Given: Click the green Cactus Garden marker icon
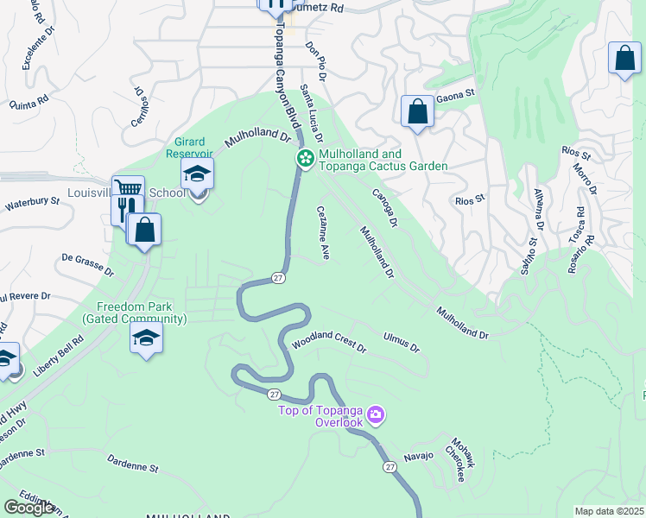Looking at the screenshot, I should pyautogui.click(x=305, y=158).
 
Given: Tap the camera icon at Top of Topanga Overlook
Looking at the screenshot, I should pyautogui.click(x=376, y=416).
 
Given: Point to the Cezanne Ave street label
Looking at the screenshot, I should pyautogui.click(x=324, y=232).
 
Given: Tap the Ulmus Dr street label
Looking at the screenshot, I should pyautogui.click(x=401, y=342).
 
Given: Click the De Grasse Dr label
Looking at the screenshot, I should pyautogui.click(x=88, y=263).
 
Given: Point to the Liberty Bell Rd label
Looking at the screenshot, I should pyautogui.click(x=60, y=357).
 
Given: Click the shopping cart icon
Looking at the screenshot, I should pyautogui.click(x=128, y=187).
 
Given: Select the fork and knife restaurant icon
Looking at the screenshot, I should pyautogui.click(x=123, y=206).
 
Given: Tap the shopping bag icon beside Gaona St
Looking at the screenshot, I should pyautogui.click(x=417, y=111).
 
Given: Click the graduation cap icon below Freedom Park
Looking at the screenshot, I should pyautogui.click(x=147, y=337).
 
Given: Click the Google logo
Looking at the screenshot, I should pyautogui.click(x=29, y=507).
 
